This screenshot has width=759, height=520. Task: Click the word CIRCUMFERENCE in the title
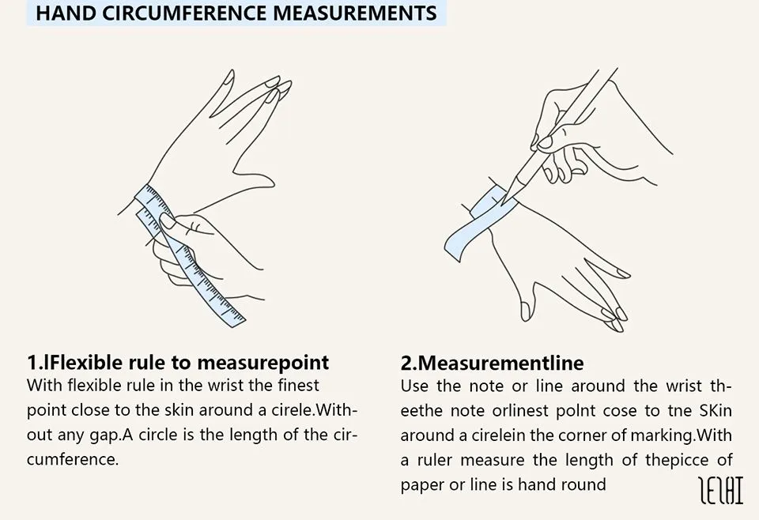[185, 13]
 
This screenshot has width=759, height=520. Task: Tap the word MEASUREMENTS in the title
[355, 13]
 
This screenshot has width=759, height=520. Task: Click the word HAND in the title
[66, 13]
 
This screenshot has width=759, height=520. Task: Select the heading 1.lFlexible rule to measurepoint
[178, 362]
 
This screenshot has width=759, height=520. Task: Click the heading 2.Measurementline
[493, 363]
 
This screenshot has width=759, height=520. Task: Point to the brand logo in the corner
[721, 490]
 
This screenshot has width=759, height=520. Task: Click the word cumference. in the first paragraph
[73, 459]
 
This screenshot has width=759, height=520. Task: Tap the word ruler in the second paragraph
[434, 460]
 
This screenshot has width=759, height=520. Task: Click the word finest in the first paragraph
[299, 386]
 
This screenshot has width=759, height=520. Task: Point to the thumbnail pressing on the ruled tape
[168, 220]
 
